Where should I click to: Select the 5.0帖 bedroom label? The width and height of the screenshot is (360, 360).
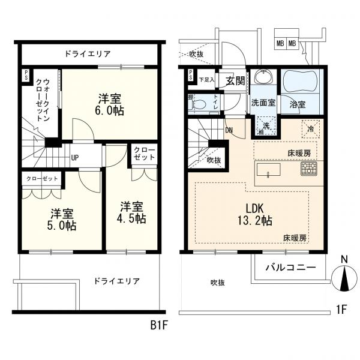62,219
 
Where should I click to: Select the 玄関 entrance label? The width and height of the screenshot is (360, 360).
234,80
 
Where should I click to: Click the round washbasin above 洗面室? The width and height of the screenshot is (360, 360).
262,79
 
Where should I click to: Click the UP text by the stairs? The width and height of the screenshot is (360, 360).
74,158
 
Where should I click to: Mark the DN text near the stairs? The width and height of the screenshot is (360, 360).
229,128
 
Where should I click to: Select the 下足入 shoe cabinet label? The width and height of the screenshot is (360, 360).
206,79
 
